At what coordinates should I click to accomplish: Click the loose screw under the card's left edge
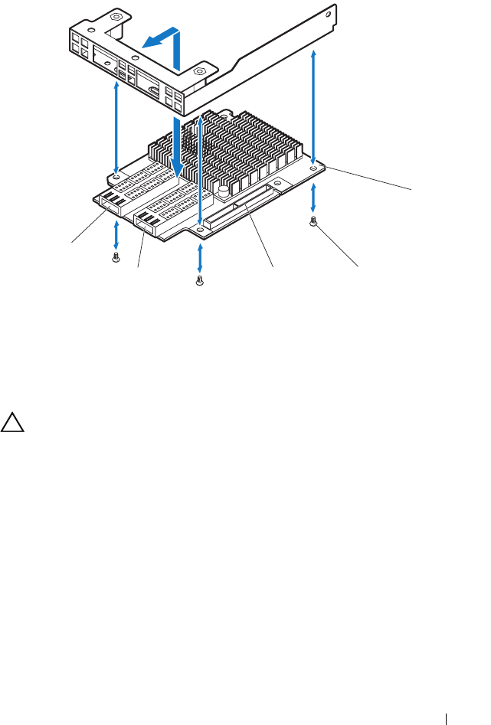[x=116, y=259]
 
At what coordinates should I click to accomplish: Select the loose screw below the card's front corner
[x=200, y=282]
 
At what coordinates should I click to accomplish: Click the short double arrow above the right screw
[x=314, y=201]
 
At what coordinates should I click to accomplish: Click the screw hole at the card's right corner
[x=314, y=166]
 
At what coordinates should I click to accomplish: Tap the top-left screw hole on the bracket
[x=115, y=17]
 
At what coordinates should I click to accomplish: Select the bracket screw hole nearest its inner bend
[x=199, y=70]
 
